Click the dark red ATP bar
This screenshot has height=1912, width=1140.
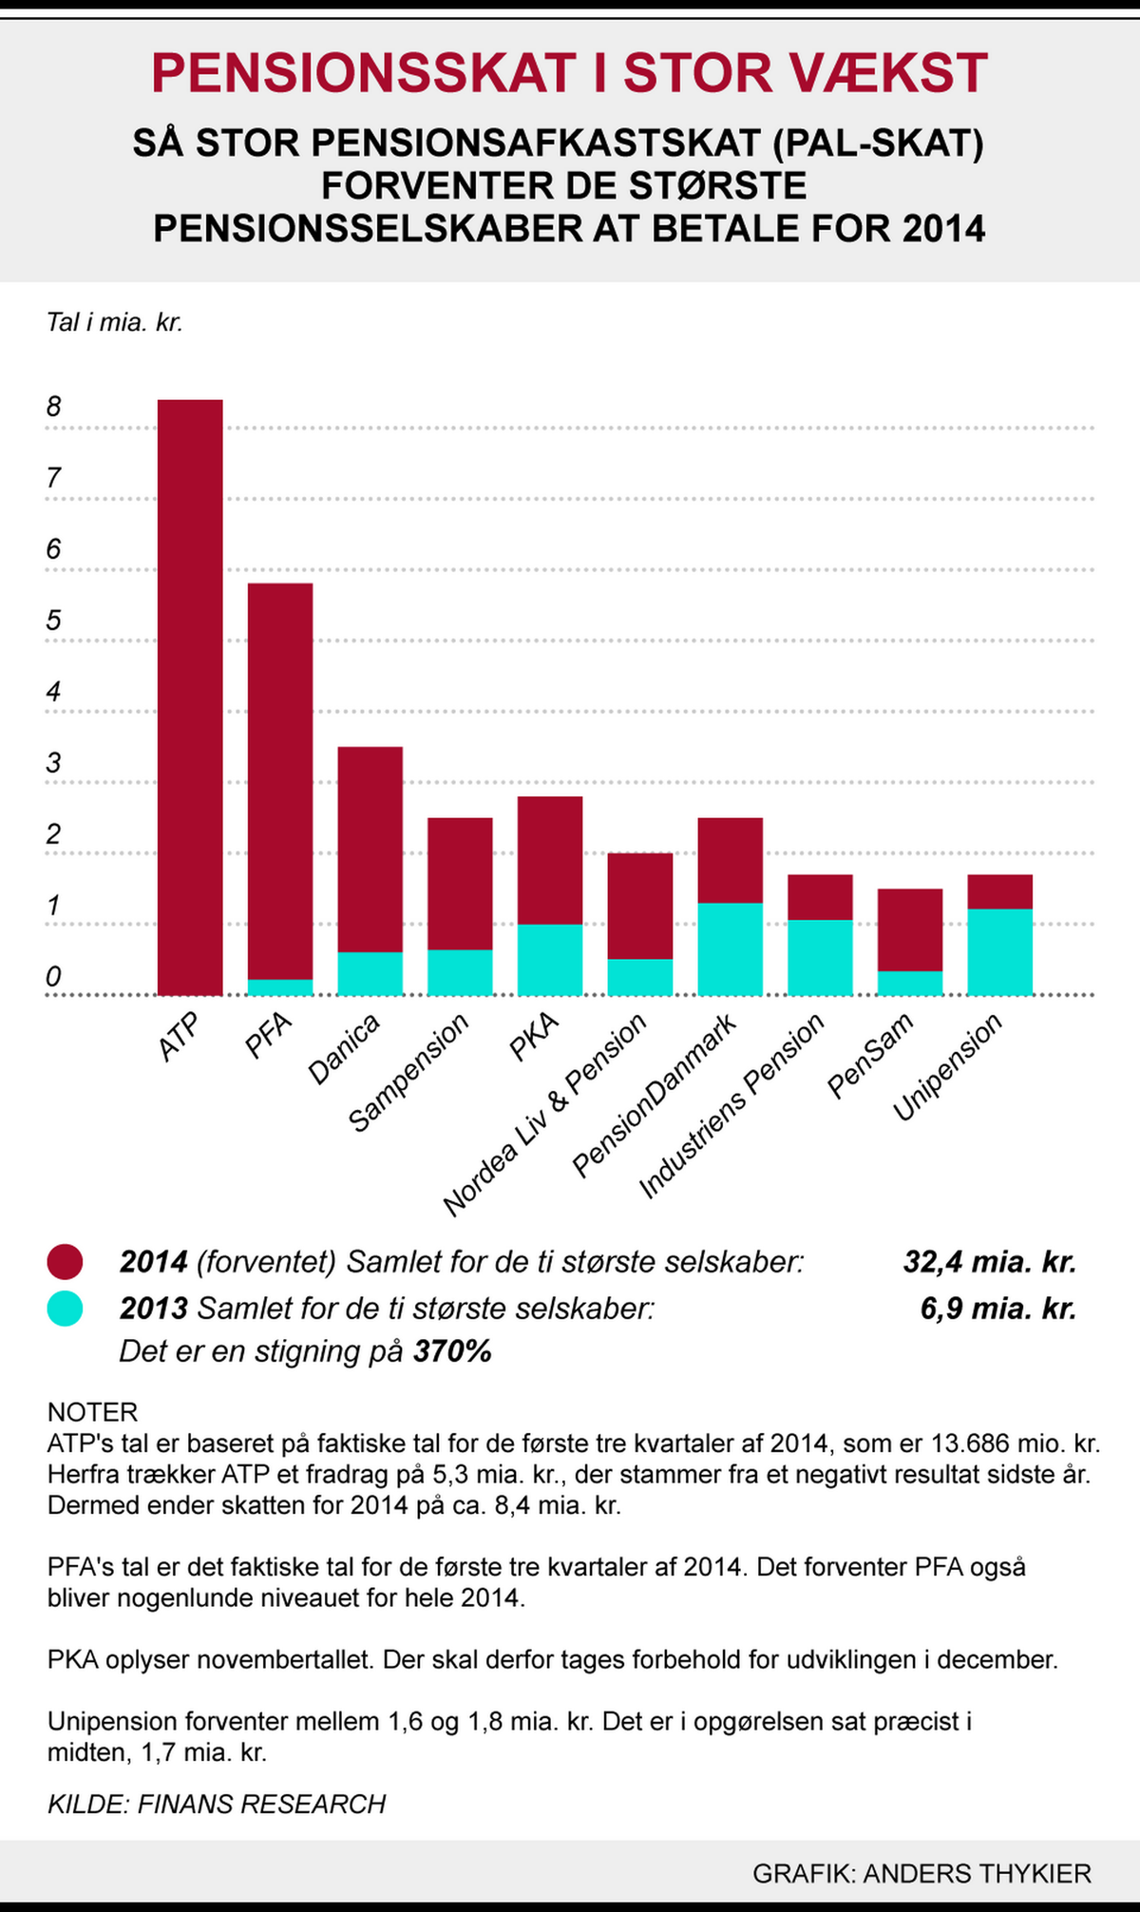coord(190,698)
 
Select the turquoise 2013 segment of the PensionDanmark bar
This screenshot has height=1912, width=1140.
coord(730,948)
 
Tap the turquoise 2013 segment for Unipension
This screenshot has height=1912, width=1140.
coord(999,952)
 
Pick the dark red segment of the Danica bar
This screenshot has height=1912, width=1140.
coord(370,850)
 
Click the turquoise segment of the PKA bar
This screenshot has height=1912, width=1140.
coord(550,960)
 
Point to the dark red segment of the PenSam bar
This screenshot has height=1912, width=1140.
coord(910,930)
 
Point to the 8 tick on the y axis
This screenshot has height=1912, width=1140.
coord(53,407)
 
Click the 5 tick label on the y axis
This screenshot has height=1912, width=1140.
coord(53,621)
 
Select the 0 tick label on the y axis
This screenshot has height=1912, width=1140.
coord(53,976)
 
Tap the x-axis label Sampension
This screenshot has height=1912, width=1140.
coord(409,1072)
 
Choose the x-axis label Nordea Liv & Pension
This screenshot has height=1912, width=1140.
coord(545,1115)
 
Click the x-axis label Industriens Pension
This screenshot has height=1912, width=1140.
coord(731,1105)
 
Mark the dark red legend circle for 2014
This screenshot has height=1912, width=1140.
coord(65,1262)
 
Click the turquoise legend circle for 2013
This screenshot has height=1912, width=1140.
coord(65,1309)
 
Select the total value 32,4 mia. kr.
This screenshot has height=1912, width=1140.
coord(990,1262)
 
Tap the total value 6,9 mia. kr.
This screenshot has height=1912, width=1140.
coord(998,1309)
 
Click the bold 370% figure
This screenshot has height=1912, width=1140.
coord(452,1351)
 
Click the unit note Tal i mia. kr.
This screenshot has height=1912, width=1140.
coord(115,323)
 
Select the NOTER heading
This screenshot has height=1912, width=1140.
coord(93,1411)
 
